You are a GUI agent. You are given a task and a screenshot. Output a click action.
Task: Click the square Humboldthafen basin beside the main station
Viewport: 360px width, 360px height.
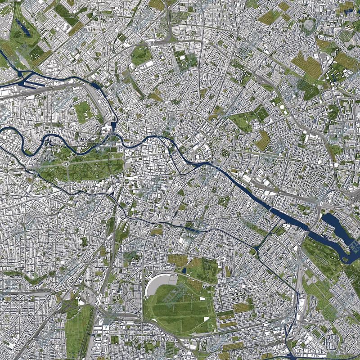[113, 126]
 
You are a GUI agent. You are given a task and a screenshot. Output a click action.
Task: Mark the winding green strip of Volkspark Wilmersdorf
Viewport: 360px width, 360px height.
[27, 277]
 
